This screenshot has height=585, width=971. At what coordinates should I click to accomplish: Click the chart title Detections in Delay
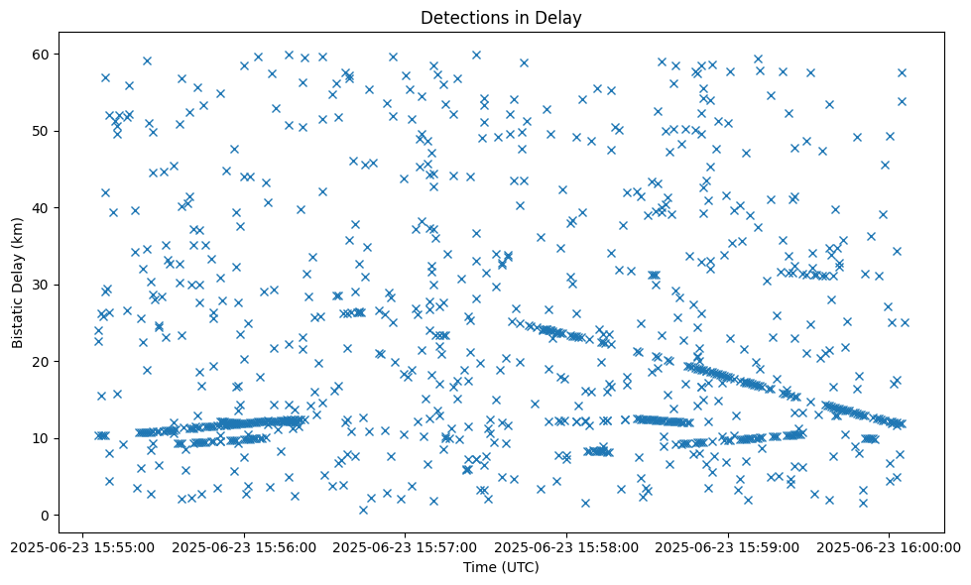coord(500,17)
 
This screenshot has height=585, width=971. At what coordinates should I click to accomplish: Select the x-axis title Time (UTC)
coord(500,567)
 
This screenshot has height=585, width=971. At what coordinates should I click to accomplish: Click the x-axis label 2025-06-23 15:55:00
coord(82,546)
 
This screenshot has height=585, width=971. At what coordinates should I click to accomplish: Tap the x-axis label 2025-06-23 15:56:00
coord(244,546)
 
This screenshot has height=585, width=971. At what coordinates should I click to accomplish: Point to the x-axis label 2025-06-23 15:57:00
coord(406,546)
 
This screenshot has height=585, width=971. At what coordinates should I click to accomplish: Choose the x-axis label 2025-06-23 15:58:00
coord(567,546)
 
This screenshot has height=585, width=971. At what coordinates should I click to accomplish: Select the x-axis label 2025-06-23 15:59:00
coord(729,546)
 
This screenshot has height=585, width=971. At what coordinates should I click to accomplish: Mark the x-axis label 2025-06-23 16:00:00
coord(890,546)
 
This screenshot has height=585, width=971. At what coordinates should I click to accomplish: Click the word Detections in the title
coord(462,17)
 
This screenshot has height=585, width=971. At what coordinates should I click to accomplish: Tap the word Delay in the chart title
coord(560,17)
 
